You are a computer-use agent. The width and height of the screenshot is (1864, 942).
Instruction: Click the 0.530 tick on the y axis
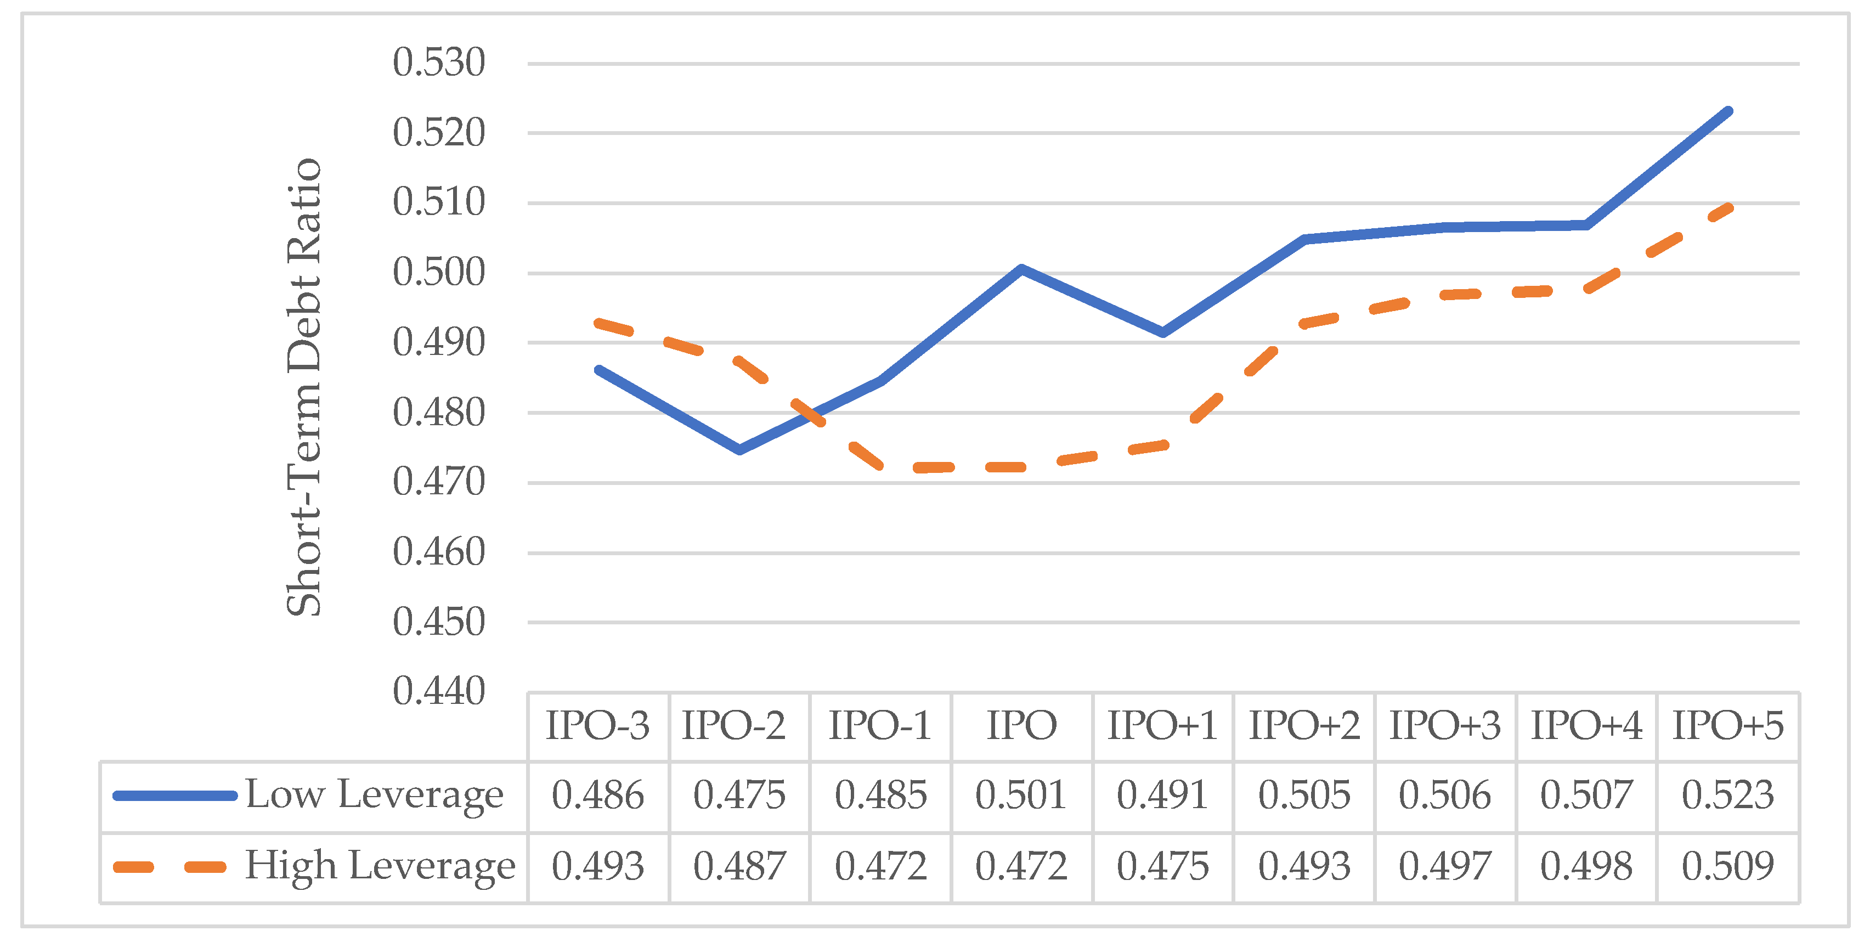(438, 63)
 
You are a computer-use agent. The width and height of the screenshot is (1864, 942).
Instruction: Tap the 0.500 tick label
(438, 273)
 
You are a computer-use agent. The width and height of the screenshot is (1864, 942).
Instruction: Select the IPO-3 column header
(598, 726)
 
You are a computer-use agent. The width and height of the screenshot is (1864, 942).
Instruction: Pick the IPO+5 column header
(1728, 726)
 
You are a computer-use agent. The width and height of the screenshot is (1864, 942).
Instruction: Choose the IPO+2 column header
(1304, 726)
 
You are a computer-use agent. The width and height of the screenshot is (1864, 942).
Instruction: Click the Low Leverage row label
(374, 795)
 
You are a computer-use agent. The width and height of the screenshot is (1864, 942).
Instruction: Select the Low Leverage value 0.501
(1021, 795)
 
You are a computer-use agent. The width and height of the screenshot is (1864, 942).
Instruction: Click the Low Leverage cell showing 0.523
(1728, 795)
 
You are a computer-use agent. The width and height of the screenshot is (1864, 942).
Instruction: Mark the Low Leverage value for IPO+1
(1162, 795)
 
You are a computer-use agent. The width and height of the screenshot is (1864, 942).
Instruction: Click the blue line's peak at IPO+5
(1728, 112)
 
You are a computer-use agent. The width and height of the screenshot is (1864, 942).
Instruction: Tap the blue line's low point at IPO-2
(739, 449)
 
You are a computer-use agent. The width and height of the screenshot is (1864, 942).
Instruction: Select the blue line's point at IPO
(1021, 269)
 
